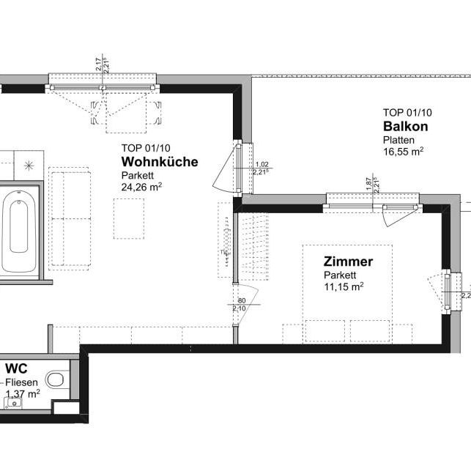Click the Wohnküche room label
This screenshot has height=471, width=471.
coord(160,162)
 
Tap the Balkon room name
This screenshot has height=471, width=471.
coord(405,126)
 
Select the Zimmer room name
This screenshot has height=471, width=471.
coord(349,262)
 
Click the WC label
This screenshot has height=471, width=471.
coord(17,368)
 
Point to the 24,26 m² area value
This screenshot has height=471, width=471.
coord(141,187)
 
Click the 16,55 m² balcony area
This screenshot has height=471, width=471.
coord(403,152)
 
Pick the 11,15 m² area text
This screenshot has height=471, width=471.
coord(344,287)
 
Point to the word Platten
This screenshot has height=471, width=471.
coord(398,139)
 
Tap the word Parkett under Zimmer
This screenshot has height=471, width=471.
coord(340,275)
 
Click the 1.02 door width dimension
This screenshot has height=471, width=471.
coord(262,165)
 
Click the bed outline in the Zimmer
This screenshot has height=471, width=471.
coord(348,293)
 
